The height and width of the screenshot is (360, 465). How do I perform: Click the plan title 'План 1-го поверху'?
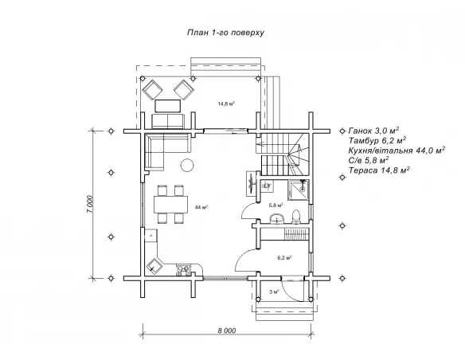click(x=225, y=33)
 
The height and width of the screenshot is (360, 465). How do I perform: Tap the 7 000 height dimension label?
click(x=90, y=204)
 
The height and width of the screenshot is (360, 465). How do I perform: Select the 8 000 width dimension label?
click(x=227, y=331)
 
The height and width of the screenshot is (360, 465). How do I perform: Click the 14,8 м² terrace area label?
click(x=226, y=104)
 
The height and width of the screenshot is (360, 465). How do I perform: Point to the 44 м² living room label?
click(x=201, y=207)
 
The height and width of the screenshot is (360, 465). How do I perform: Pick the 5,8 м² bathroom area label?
click(x=275, y=205)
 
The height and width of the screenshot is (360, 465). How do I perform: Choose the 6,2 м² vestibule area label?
click(x=284, y=258)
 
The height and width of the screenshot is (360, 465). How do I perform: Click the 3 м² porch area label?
click(x=275, y=292)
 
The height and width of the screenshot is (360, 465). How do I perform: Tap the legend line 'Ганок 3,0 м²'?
click(x=373, y=131)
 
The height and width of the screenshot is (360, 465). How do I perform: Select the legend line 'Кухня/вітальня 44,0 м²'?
click(x=397, y=151)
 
